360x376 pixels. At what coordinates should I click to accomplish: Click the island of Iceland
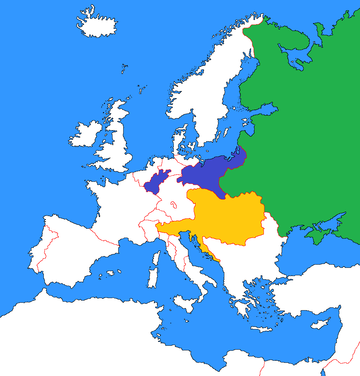click(97, 25)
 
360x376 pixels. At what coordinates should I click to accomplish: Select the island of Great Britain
click(118, 149)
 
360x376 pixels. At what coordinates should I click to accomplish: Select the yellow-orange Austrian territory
click(228, 217)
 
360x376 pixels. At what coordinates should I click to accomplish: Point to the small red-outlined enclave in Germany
click(174, 205)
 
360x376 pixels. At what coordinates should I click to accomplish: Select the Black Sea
click(306, 256)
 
